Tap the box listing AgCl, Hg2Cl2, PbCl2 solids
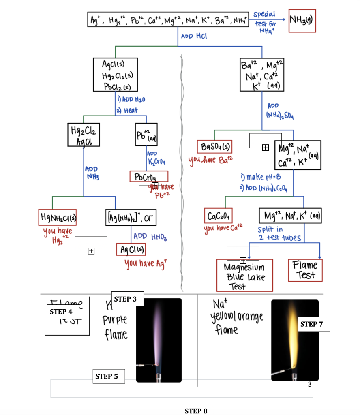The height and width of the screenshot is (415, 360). tap(115, 75)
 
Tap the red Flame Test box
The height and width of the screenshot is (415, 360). tap(305, 270)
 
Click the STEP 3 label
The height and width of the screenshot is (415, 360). tap(126, 299)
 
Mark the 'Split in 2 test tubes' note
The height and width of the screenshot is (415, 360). tap(280, 233)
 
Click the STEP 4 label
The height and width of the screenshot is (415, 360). tap(62, 312)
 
